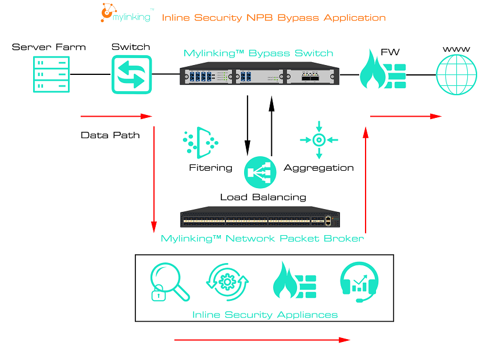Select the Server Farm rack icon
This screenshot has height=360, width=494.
[49, 74]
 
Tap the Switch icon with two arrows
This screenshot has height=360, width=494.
[131, 74]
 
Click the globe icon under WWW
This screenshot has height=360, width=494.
[456, 74]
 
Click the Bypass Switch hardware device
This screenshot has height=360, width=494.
[259, 75]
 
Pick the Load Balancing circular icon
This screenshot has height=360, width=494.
[259, 172]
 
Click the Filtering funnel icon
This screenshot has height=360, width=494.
[201, 142]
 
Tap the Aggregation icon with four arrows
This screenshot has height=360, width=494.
[318, 140]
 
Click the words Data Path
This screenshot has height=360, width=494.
[110, 135]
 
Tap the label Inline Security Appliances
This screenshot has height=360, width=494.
[265, 315]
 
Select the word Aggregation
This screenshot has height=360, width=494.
[318, 168]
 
